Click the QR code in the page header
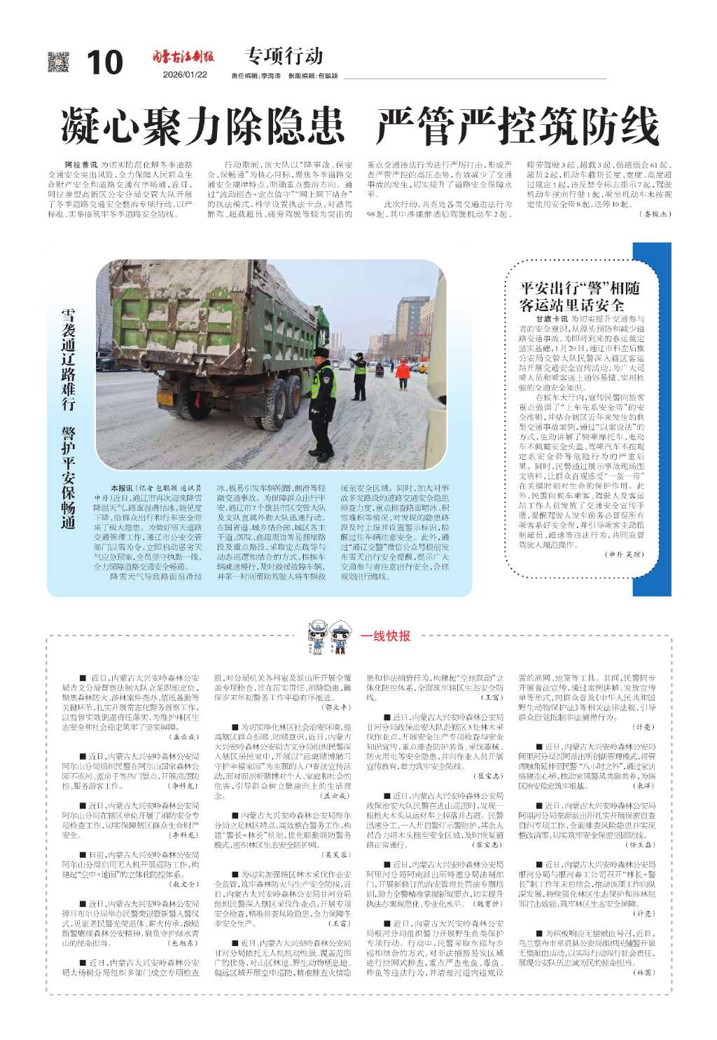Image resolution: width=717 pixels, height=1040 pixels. (58, 62)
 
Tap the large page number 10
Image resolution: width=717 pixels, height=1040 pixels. (104, 63)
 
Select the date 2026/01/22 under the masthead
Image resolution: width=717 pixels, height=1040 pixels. (185, 75)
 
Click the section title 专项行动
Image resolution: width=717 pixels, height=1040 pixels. (284, 55)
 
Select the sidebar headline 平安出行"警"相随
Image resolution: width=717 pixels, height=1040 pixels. (570, 289)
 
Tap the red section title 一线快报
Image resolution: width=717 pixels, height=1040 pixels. (386, 636)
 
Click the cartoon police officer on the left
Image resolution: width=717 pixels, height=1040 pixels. (319, 636)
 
